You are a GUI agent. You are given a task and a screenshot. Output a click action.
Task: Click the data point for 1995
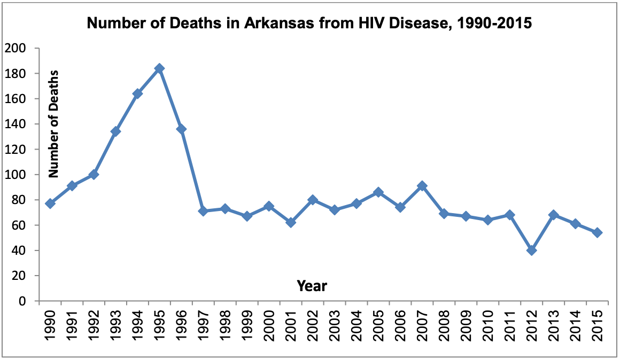coord(159,68)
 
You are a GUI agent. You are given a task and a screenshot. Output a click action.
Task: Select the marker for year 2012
coord(531,251)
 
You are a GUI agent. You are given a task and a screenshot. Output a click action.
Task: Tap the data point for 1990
coord(50,204)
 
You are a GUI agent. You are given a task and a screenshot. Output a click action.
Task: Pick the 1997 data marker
coord(203,211)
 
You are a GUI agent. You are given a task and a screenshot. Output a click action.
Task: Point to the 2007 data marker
coord(422,186)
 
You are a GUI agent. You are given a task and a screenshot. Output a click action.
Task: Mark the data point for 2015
coord(598,233)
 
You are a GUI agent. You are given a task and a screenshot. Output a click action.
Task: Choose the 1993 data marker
coord(115,131)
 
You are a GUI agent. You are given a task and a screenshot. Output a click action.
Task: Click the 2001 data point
coord(291,222)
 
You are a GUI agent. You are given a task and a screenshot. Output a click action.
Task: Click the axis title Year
coord(312,286)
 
